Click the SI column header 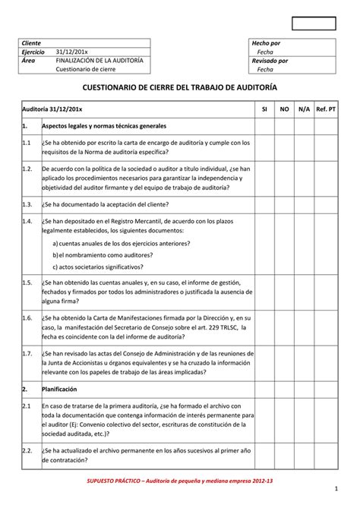click(264, 109)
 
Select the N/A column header click(304, 109)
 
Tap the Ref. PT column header click(327, 109)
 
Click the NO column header click(284, 109)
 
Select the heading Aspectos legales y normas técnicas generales click(104, 125)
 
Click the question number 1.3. click(27, 204)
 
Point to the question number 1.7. click(27, 353)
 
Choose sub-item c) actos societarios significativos click(97, 267)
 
